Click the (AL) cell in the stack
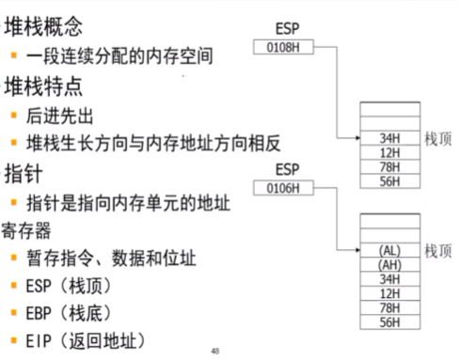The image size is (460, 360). point(389,251)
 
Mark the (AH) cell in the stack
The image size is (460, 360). point(389,265)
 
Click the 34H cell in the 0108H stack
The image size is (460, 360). point(389,137)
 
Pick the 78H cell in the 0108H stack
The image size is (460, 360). point(389,166)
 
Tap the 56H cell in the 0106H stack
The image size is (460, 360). point(389,322)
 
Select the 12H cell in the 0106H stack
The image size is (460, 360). point(389,294)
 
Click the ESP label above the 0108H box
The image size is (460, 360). point(287,27)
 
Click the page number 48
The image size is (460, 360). point(215,351)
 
